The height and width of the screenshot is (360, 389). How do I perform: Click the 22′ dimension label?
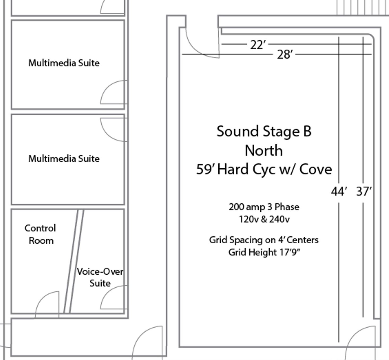click(258, 45)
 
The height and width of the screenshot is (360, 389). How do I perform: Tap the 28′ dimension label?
click(285, 54)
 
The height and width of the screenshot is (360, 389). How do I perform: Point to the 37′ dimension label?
click(364, 191)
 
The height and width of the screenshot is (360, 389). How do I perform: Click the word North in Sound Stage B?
click(264, 151)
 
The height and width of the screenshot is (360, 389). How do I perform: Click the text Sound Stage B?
click(264, 131)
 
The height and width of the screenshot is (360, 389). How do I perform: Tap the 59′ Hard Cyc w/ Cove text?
click(264, 169)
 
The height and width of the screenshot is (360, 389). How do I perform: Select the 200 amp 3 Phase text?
click(264, 207)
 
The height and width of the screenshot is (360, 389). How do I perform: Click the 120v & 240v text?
click(264, 219)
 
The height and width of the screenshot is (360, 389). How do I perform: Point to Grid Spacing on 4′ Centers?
click(264, 240)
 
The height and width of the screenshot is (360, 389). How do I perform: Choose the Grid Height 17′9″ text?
click(264, 252)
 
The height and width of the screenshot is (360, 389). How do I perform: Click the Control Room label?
click(41, 234)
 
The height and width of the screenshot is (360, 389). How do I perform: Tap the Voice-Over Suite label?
click(100, 277)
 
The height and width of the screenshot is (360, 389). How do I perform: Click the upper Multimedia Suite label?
click(64, 63)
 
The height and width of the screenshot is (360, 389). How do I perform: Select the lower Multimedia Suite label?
click(64, 159)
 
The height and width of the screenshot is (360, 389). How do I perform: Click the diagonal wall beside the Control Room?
click(74, 262)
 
